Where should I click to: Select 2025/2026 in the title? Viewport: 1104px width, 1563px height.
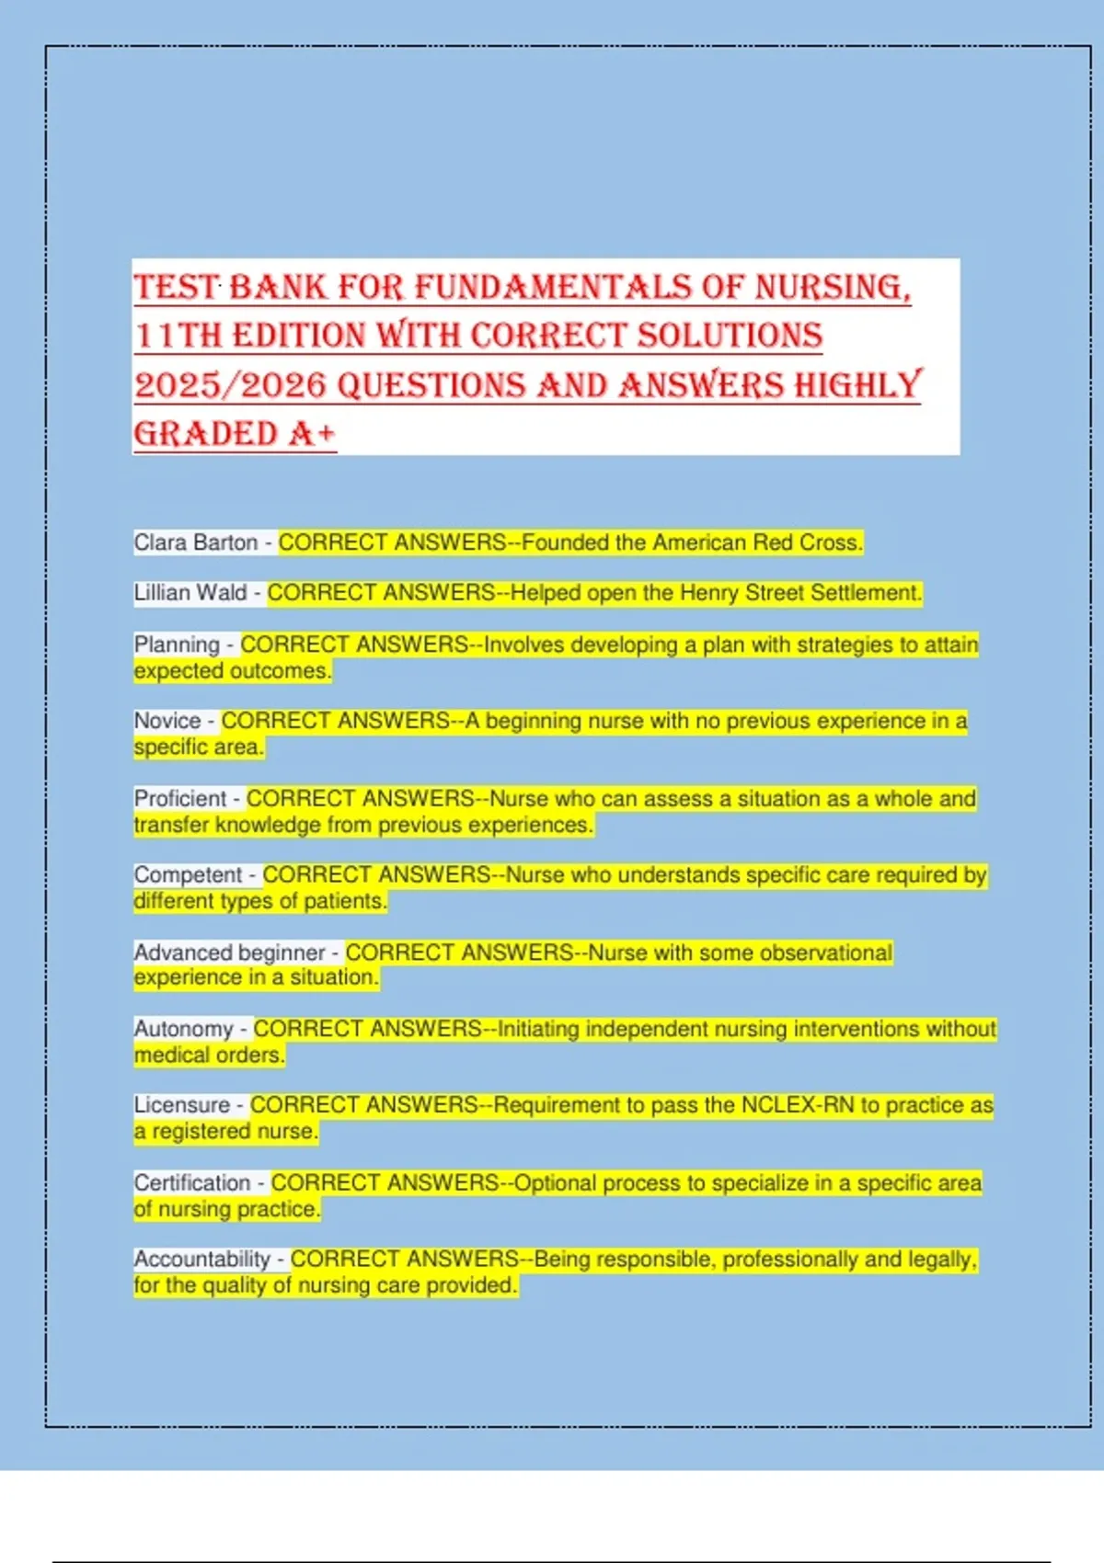tap(230, 385)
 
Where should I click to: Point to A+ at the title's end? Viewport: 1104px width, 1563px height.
tap(312, 434)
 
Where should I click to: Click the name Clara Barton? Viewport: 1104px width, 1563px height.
tap(195, 542)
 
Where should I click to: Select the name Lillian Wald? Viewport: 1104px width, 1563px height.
tap(190, 593)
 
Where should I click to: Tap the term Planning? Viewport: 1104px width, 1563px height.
tap(177, 645)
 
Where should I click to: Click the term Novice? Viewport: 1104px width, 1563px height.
tap(167, 721)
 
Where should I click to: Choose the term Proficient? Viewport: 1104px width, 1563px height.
tap(179, 798)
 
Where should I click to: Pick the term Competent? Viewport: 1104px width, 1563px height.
tap(188, 874)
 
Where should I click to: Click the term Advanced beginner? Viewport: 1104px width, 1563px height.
tap(229, 953)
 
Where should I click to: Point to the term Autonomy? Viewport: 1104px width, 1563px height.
tap(183, 1029)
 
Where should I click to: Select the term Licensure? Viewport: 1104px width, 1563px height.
tap(181, 1105)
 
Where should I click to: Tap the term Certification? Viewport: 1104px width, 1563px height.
tap(191, 1182)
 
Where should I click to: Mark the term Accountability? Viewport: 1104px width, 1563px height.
tap(201, 1259)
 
